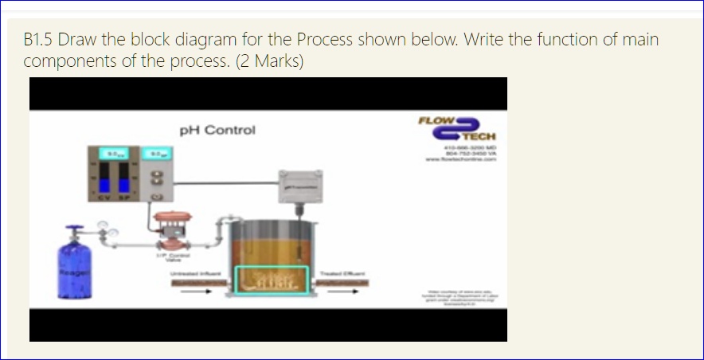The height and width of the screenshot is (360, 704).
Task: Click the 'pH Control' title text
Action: (217, 130)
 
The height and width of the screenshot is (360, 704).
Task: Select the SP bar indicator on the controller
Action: (125, 176)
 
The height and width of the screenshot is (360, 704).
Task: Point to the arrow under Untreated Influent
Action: (192, 290)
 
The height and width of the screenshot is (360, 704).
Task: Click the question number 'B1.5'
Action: (38, 40)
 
